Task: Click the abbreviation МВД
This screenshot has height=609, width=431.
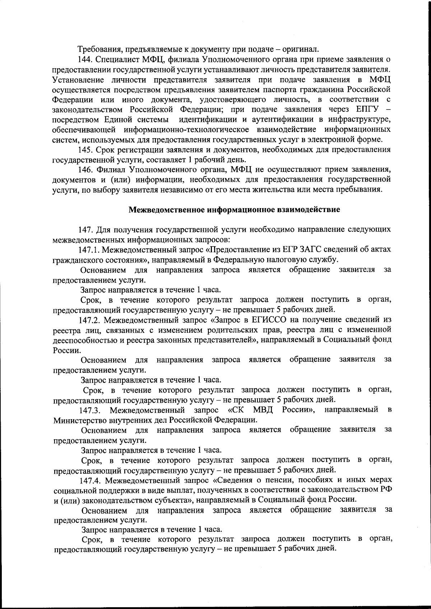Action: click(263, 410)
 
